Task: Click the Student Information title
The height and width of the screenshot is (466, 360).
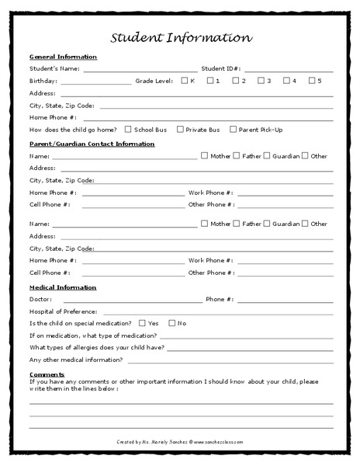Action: (x=180, y=37)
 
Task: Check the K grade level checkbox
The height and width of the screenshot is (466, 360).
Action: (x=184, y=80)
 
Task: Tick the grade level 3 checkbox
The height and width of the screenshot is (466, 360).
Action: (x=261, y=80)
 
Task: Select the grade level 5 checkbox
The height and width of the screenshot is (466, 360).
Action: (x=311, y=80)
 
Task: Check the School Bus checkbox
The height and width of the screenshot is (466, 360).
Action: (x=128, y=130)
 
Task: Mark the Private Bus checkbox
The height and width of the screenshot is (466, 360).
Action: (x=180, y=130)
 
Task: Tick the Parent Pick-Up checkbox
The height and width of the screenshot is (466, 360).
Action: (x=233, y=130)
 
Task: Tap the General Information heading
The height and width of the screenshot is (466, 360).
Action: (x=63, y=57)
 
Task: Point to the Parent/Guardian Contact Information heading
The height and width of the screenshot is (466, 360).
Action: (x=92, y=144)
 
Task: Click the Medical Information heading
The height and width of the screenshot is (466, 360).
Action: (x=63, y=287)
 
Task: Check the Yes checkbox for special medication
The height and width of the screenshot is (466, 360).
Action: (x=141, y=322)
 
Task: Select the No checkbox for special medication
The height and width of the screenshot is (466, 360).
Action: (x=172, y=322)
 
